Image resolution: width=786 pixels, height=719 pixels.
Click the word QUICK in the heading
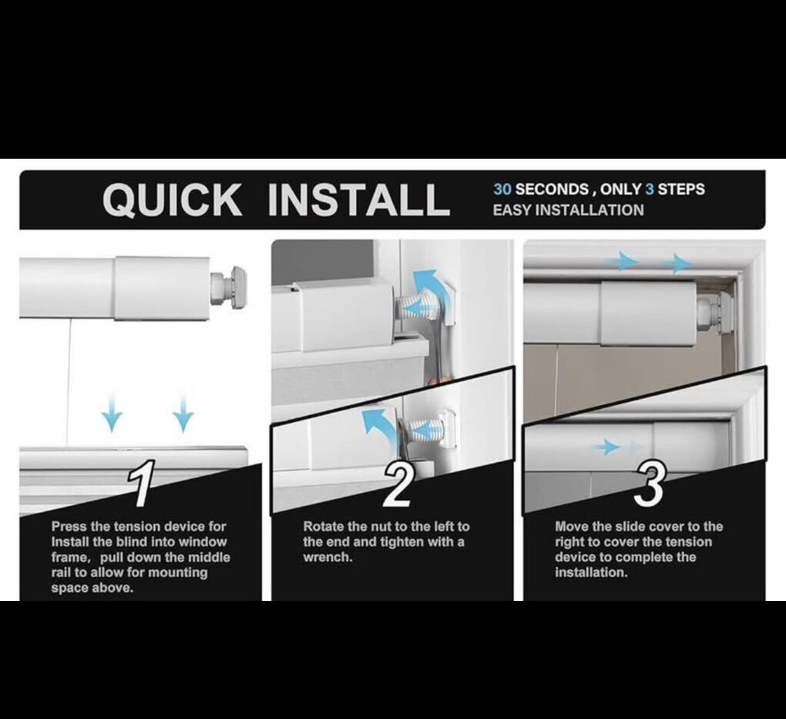(x=172, y=199)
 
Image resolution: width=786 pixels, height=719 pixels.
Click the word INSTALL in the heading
(x=359, y=199)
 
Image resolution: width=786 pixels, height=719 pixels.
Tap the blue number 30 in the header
(x=502, y=190)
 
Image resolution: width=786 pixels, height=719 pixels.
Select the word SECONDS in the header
(x=552, y=190)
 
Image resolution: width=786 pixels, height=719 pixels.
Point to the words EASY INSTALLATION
(x=568, y=211)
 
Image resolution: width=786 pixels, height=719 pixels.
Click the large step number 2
(x=398, y=484)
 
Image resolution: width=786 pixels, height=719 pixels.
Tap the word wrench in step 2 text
(x=327, y=558)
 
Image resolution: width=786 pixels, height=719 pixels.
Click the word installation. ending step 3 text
(x=591, y=572)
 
